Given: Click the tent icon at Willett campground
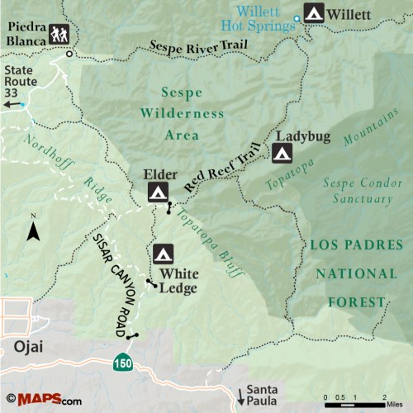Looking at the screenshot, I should click(x=314, y=13).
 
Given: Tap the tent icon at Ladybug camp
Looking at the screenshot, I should click(x=282, y=153).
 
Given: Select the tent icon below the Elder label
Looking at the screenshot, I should click(x=157, y=193).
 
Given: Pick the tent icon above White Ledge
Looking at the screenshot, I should click(x=163, y=253).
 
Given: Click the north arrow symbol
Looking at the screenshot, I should click(x=33, y=229).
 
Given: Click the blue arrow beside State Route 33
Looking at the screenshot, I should click(x=22, y=105).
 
